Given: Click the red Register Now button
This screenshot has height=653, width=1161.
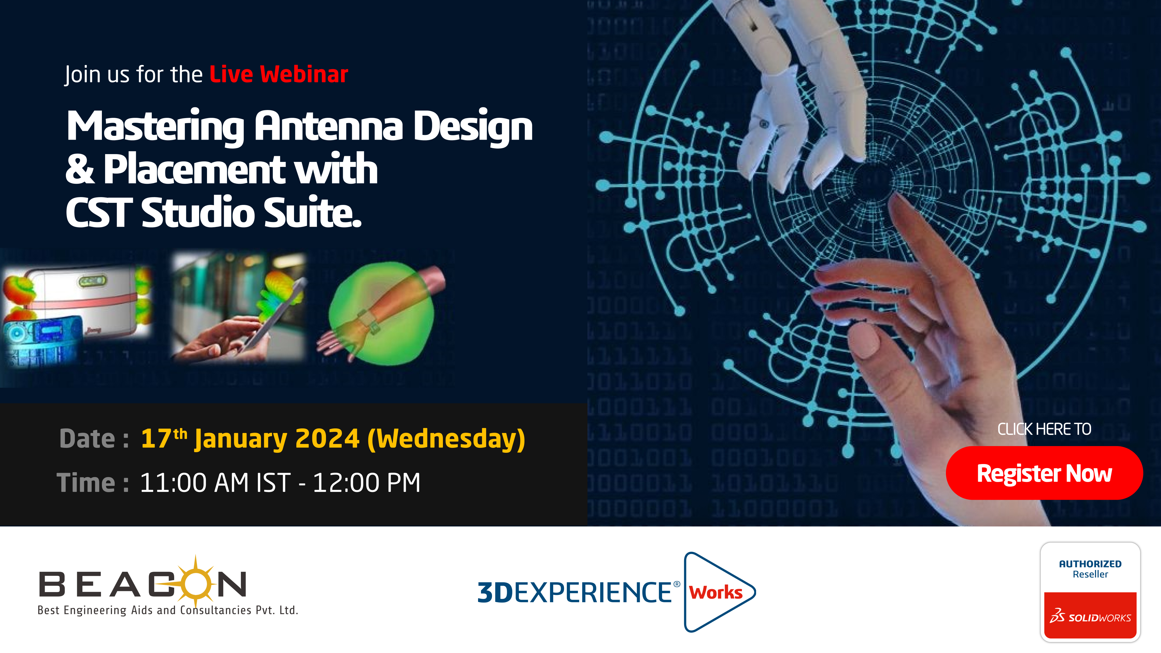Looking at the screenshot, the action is (1044, 473).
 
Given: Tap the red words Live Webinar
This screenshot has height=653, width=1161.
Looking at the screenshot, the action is (279, 74).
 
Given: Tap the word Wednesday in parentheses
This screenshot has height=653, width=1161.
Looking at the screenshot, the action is (446, 439).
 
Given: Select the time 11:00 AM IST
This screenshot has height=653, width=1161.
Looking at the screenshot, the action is (215, 483).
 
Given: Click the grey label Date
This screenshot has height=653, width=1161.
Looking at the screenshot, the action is (87, 439).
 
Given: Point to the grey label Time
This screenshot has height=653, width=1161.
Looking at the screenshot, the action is (86, 483).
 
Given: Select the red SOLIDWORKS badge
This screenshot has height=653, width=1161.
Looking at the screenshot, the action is (1090, 615).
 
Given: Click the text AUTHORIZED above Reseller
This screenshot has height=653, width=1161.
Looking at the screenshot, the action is (1090, 564).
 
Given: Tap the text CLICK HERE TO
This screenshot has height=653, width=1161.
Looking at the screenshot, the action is (1044, 429).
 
